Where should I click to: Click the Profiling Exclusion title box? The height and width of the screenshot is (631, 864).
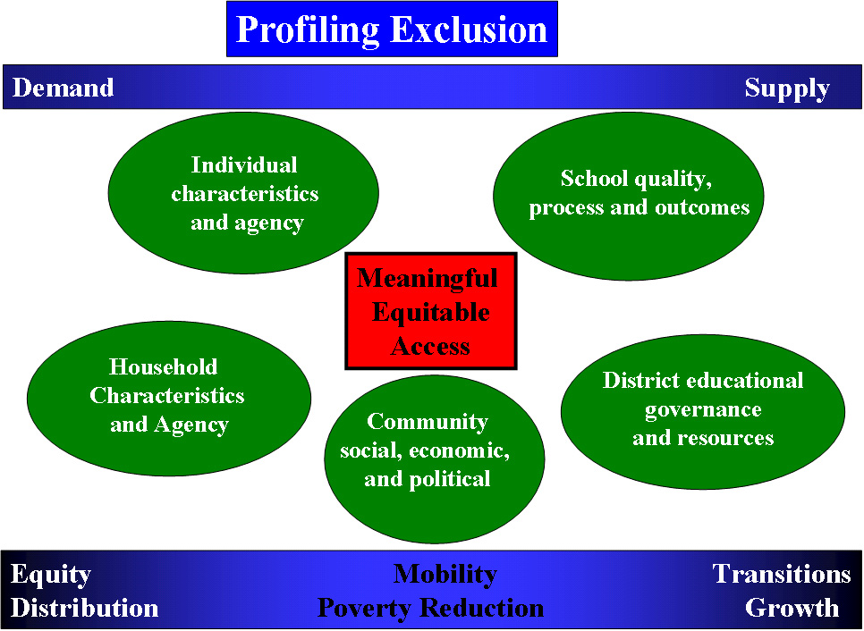[392, 29]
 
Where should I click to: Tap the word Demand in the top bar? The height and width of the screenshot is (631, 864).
[63, 88]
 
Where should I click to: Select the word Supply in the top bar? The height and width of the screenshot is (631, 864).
[787, 88]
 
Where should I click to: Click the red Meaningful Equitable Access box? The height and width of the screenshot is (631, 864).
[431, 311]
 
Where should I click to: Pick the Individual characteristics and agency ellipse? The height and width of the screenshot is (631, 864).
[243, 193]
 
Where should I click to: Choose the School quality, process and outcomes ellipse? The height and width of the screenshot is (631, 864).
[628, 196]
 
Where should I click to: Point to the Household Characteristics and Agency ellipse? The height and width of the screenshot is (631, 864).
[169, 398]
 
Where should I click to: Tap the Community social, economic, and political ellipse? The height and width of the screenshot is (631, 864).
[434, 459]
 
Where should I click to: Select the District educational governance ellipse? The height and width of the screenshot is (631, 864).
[702, 411]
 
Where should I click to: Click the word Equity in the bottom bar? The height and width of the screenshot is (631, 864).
[51, 575]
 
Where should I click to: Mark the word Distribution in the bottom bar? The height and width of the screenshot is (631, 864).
[84, 608]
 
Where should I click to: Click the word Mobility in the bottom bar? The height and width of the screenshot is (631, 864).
[445, 575]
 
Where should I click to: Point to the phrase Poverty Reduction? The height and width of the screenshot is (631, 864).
[431, 608]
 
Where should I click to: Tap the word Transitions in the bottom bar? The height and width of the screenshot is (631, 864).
[782, 574]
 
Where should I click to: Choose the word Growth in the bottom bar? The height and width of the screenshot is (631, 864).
[792, 608]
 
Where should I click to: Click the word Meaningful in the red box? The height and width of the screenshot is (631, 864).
[427, 279]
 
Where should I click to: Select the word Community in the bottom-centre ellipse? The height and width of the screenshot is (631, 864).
[428, 423]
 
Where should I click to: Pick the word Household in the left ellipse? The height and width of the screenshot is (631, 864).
[163, 366]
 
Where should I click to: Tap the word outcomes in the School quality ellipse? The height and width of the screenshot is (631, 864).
[702, 207]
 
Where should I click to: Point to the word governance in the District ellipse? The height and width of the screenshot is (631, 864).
[703, 410]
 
